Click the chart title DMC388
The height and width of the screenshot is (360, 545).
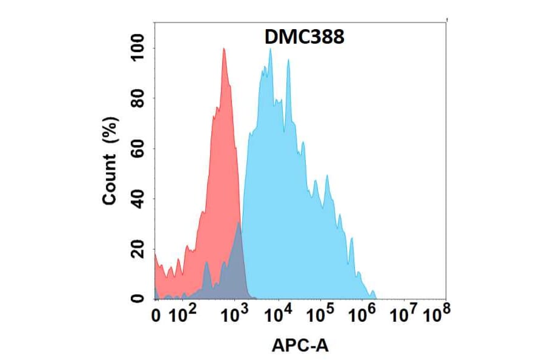pos(305,38)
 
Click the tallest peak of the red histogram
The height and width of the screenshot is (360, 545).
pos(224,50)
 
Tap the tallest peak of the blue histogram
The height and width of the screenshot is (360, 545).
pos(270,50)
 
